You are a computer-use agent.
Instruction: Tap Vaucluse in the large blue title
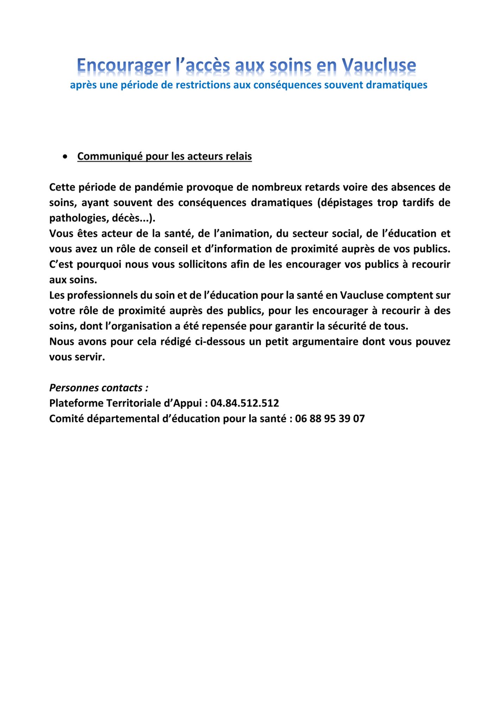pyautogui.click(x=379, y=65)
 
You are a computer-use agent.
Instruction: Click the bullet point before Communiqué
pyautogui.click(x=65, y=157)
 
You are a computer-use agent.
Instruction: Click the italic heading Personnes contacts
pyautogui.click(x=99, y=388)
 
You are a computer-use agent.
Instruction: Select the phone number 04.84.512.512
pyautogui.click(x=245, y=403)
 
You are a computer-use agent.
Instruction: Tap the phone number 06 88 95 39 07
pyautogui.click(x=330, y=419)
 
